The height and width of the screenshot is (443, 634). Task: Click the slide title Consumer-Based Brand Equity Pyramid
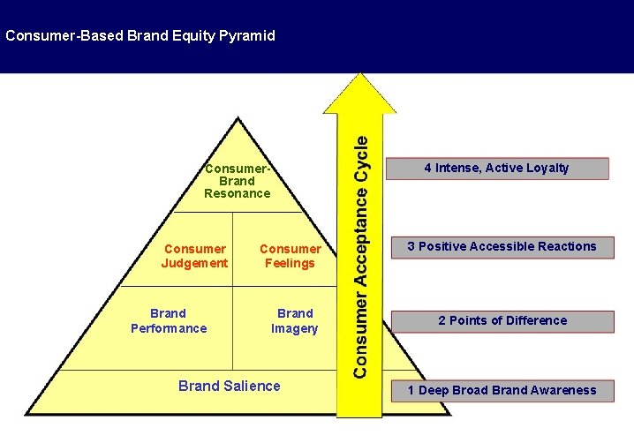140,36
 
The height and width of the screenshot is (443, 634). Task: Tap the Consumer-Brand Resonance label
237,180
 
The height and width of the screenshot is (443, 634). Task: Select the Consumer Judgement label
194,256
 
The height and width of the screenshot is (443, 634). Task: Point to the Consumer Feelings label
290,256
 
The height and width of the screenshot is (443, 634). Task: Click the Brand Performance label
169,321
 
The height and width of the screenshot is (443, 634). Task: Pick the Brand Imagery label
294,321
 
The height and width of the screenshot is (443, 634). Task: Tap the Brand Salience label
230,386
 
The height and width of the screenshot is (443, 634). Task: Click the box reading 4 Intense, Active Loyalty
496,168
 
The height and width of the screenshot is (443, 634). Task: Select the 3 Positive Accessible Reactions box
502,246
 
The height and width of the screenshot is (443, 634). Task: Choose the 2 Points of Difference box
502,320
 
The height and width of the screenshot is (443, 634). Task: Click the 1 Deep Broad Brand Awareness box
502,390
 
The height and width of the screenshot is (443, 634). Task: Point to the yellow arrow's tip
356,78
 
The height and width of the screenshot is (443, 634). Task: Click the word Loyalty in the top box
547,168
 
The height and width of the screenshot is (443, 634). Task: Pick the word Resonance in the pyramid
237,192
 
